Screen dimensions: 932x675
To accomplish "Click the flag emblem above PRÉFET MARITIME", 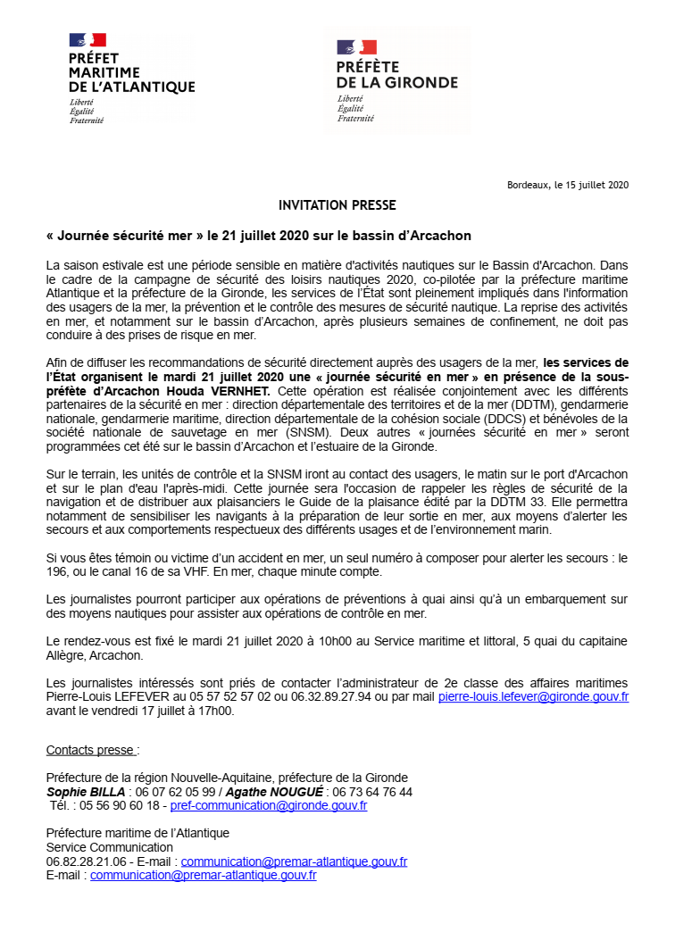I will (x=87, y=39).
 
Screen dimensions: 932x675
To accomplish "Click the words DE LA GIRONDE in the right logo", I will (x=396, y=82).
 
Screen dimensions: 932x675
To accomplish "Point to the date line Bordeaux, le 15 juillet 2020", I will (x=568, y=186).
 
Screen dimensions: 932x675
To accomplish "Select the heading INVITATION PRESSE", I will (x=337, y=205).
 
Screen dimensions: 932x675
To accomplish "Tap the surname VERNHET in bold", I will (x=246, y=392).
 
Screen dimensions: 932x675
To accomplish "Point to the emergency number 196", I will (x=57, y=571).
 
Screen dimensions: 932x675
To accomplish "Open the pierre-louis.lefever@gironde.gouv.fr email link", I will (x=533, y=696).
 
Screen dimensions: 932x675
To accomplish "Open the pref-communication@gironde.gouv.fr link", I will (x=268, y=805).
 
